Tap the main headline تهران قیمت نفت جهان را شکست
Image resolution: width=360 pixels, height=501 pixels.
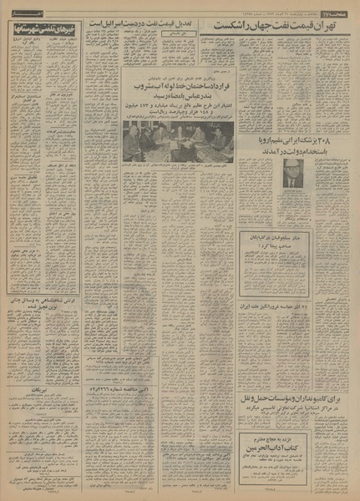(284, 28)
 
